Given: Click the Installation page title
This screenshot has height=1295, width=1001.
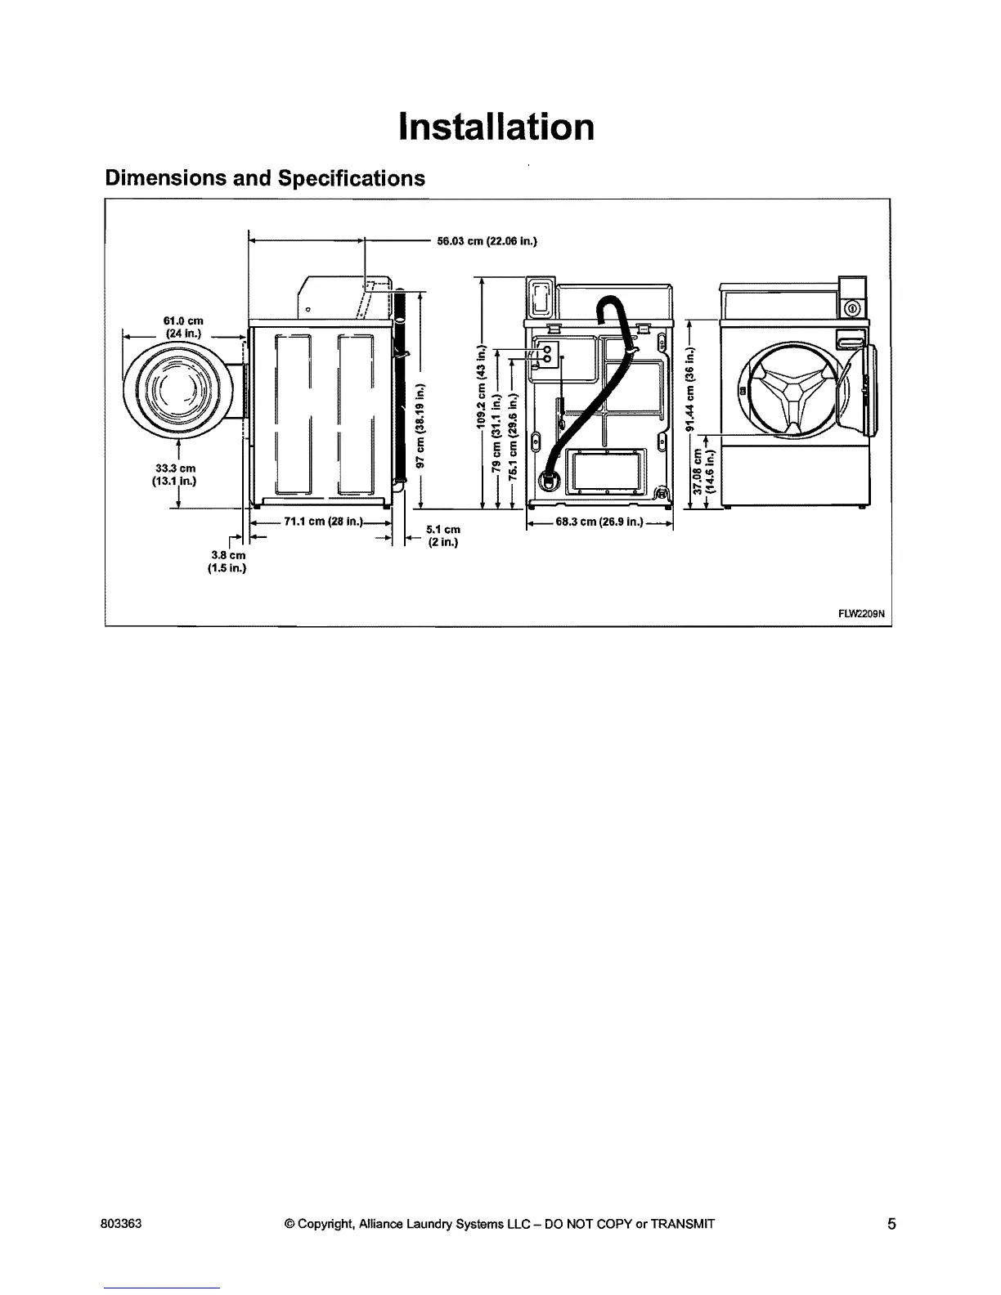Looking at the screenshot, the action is (x=496, y=128).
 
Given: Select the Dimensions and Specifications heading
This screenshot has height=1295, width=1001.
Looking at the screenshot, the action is (x=265, y=178).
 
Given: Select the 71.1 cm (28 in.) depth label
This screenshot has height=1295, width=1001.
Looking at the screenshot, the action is (x=317, y=523).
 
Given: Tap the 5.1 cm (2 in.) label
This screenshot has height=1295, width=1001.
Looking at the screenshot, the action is (x=442, y=535).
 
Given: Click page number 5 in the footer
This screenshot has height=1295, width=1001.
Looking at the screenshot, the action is (x=891, y=1224).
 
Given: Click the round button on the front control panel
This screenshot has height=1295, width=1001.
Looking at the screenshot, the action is (x=852, y=308).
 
